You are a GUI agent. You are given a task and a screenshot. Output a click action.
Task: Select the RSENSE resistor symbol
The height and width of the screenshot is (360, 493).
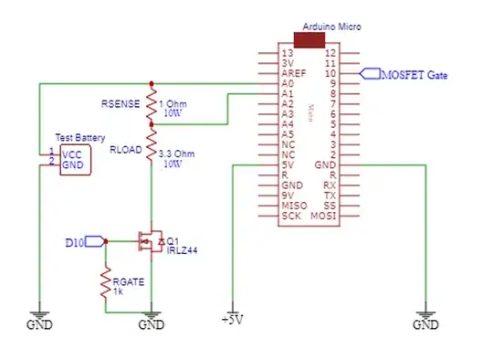pyautogui.click(x=152, y=103)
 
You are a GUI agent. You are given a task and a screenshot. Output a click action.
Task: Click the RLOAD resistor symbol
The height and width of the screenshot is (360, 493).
pyautogui.click(x=152, y=152)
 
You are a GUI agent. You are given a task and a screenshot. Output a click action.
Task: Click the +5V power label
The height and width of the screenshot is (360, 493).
pyautogui.click(x=233, y=322)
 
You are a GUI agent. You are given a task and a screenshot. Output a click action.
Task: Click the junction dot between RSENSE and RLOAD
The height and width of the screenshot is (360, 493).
pyautogui.click(x=152, y=123)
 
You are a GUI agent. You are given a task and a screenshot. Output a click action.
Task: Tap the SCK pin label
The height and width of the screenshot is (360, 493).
pyautogui.click(x=289, y=217)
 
